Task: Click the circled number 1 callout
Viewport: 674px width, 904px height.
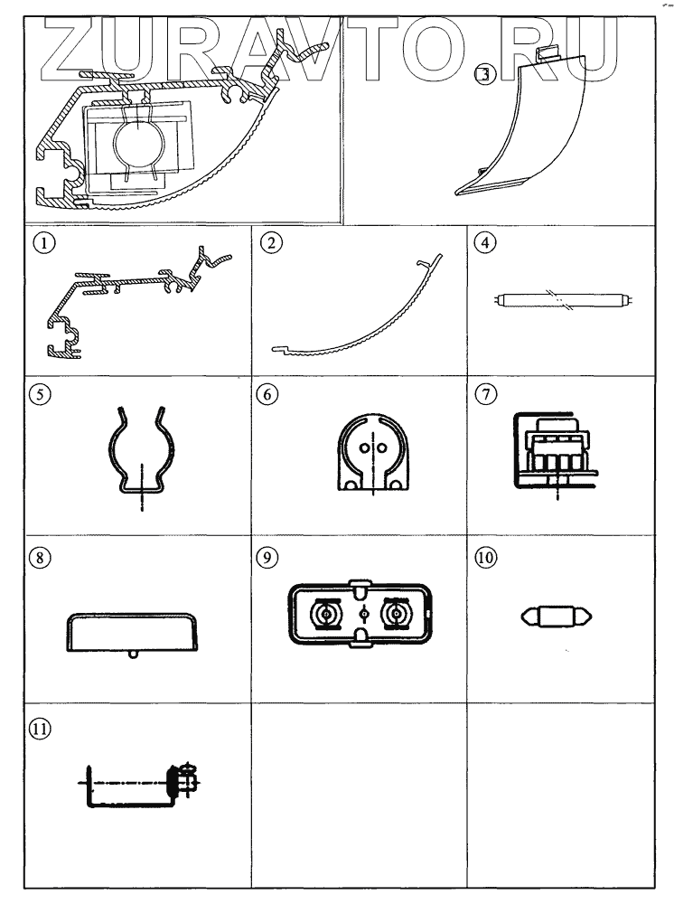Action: pos(38,241)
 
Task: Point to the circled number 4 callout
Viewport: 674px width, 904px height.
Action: pos(483,241)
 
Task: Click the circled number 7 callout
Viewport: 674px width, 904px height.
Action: pos(483,395)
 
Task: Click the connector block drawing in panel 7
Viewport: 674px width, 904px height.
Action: pos(557,447)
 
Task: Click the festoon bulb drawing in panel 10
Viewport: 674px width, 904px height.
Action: pos(557,618)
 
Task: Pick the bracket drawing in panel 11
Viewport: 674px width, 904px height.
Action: pos(136,786)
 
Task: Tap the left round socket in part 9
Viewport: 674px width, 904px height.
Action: pos(323,616)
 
